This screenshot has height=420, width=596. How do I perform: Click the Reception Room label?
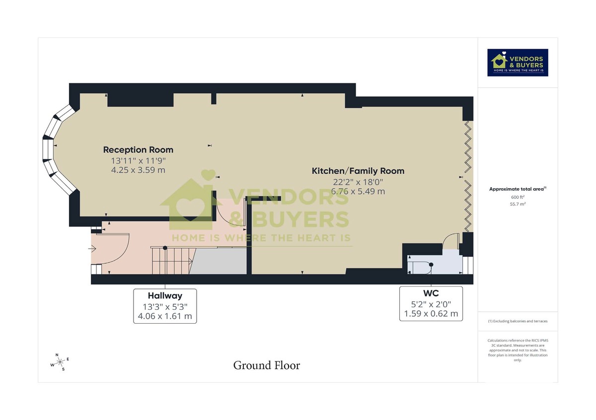tap(138, 149)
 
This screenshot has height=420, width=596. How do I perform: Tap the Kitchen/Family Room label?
tap(358, 171)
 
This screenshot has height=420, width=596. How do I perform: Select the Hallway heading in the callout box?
tap(165, 296)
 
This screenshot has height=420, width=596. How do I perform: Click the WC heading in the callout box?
tap(431, 293)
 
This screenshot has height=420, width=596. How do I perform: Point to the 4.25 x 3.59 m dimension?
tap(138, 170)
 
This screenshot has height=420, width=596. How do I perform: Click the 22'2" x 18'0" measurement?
tap(358, 182)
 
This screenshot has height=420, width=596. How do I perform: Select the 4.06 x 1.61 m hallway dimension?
tap(165, 316)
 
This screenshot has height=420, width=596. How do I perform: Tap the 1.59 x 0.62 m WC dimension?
tap(431, 314)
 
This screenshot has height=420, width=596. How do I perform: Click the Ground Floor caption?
tap(267, 366)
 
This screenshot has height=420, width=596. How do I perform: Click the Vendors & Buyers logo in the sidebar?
tap(518, 63)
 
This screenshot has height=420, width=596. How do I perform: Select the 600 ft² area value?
tap(518, 197)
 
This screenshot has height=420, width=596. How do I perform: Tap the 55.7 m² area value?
tap(518, 204)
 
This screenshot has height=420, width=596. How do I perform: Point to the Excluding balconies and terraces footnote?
tap(518, 321)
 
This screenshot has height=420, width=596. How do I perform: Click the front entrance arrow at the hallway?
tap(93, 249)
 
